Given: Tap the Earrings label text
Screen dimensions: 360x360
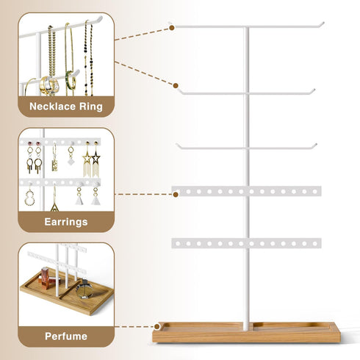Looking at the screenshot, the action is tap(66, 222).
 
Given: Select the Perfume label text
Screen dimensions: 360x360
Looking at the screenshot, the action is tap(66, 336).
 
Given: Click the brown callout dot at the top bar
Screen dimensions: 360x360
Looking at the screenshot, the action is tap(172, 28).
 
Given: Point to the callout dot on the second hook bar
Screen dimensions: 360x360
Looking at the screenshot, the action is tap(176, 86).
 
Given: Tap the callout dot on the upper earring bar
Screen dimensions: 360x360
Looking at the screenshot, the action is tap(176, 195).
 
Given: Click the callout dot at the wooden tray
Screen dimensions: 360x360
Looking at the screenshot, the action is tap(157, 326).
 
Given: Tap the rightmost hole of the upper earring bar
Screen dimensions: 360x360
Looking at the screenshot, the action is tap(315, 192).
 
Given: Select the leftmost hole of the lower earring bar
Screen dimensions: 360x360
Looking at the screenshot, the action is tap(178, 244).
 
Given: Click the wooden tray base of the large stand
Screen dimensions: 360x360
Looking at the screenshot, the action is tap(246, 333).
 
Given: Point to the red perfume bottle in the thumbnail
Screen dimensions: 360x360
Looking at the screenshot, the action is tap(45, 278).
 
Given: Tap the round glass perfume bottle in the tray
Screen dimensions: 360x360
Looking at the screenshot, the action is tap(84, 289).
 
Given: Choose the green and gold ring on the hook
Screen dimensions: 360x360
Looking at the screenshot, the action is tap(71, 80).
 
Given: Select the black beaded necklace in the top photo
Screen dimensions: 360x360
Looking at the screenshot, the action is tap(88, 59).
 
